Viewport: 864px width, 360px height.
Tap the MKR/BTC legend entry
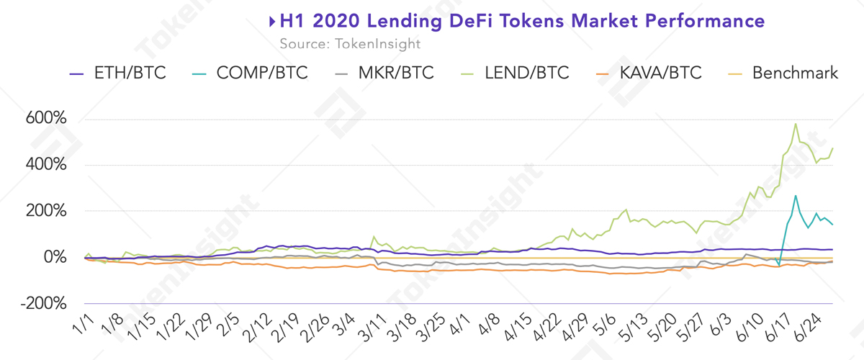(389, 73)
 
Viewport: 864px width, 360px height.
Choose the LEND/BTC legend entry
(518, 73)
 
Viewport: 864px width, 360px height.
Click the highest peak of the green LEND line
(796, 124)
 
